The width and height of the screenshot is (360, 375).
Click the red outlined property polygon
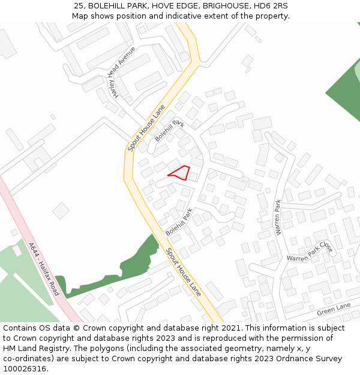pos(182,173)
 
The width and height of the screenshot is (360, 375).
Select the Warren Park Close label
pos(310,252)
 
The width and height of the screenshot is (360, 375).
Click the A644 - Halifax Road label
pos(44,268)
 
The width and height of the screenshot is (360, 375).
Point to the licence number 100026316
pos(25,369)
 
